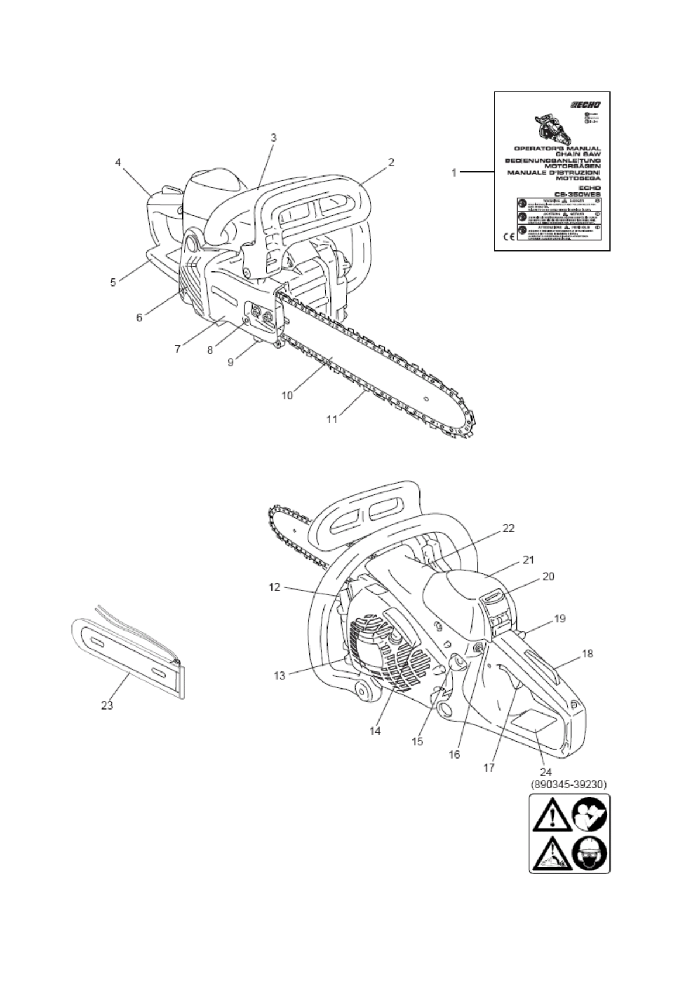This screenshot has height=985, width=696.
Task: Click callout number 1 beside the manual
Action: click(453, 173)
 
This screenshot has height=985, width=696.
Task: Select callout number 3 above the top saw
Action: click(273, 138)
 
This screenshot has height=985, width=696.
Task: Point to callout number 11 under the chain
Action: click(332, 419)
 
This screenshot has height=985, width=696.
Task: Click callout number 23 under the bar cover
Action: click(107, 705)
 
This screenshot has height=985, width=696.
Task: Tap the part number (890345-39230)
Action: click(568, 784)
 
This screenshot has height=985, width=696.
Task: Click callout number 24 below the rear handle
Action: click(546, 773)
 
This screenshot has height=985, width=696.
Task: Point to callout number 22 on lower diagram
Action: click(508, 528)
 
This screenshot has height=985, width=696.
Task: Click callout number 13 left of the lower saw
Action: click(280, 676)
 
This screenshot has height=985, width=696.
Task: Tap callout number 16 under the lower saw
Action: click(454, 755)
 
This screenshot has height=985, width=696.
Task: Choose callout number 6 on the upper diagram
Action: click(139, 317)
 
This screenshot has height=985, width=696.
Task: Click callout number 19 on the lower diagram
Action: click(560, 618)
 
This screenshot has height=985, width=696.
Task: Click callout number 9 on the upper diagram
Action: click(231, 362)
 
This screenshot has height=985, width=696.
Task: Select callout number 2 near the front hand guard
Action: click(391, 162)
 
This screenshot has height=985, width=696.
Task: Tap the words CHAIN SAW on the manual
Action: click(578, 154)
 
